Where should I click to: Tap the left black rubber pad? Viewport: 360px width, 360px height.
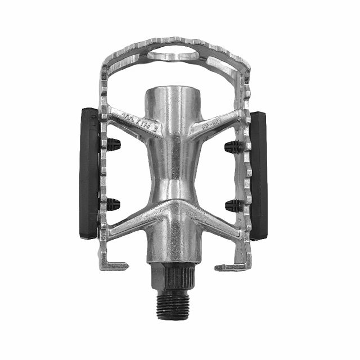[x=89, y=173]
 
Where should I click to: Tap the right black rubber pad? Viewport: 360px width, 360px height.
[x=258, y=175]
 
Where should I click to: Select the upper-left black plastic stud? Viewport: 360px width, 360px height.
[x=113, y=145]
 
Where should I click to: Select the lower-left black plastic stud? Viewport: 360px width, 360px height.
[x=113, y=205]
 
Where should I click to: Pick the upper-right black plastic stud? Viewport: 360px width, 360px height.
[x=233, y=147]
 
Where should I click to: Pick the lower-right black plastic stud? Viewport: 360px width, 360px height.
[x=233, y=205]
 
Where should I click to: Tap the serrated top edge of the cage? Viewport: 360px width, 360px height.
[x=174, y=43]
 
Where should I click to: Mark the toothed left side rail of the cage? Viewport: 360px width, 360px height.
[x=103, y=169]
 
